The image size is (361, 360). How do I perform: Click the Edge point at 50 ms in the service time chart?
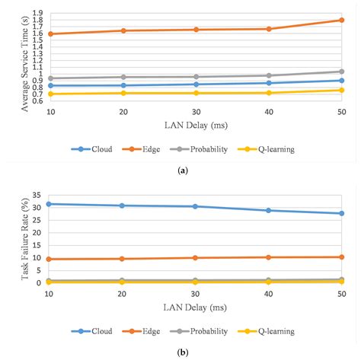coord(342,20)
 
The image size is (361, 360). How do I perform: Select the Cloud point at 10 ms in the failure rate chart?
coord(50,204)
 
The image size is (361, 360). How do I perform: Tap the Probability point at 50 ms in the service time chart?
coord(342,72)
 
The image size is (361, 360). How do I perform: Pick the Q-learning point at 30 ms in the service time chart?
coord(196,93)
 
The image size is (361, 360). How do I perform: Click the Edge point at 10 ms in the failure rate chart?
coord(50,259)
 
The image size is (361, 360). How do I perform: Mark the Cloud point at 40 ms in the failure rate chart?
coord(269,210)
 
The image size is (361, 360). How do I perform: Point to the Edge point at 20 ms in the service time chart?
coord(123,30)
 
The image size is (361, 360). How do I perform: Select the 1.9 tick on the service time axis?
coord(37,14)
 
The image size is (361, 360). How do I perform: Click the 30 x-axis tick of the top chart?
coord(196,113)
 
